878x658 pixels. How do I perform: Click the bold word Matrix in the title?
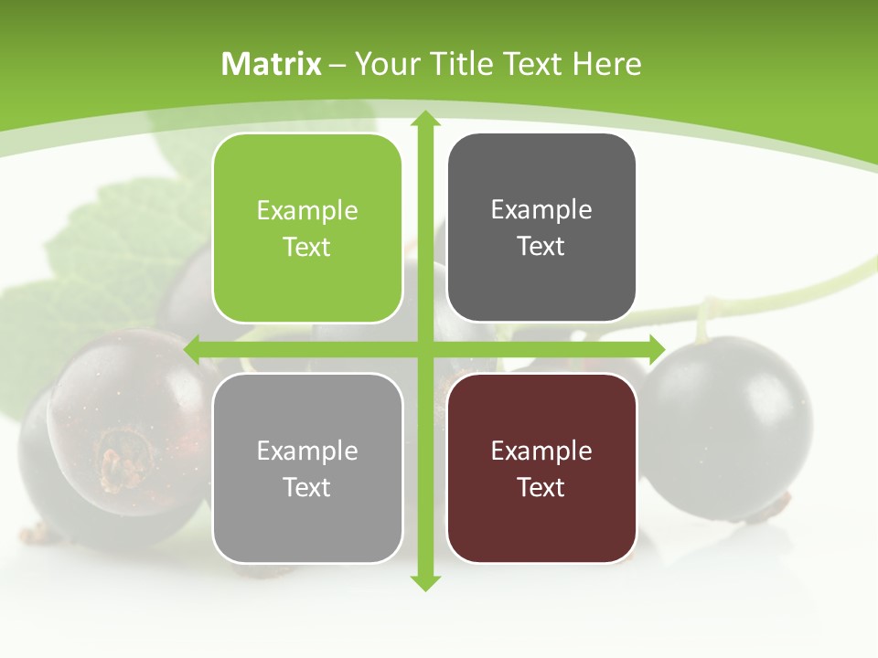272,64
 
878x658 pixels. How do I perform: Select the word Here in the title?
607,64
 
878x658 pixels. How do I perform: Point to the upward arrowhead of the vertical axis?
424,119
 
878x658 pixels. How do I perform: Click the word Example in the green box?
307,211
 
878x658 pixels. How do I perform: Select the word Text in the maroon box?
541,488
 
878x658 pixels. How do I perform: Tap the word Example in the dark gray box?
541,210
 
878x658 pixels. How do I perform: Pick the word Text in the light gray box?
307,488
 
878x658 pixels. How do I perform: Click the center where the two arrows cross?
424,349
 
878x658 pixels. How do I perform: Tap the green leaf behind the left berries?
110,247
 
